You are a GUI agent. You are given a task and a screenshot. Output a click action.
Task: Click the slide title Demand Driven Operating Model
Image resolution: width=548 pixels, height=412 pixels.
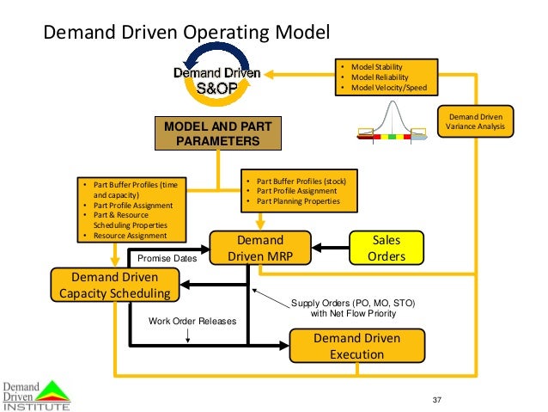pos(186,34)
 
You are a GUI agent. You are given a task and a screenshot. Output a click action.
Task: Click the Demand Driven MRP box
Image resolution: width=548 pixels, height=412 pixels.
pos(259,249)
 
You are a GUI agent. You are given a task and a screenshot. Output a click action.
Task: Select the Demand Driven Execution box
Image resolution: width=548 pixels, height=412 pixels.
pos(356,346)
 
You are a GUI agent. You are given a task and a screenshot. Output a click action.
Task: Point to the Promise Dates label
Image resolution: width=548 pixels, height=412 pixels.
pos(167,257)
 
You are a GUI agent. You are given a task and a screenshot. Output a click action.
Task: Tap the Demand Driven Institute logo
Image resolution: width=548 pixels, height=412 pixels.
pos(35,394)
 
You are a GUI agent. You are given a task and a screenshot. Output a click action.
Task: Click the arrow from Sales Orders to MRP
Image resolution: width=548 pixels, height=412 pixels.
pos(329,249)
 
